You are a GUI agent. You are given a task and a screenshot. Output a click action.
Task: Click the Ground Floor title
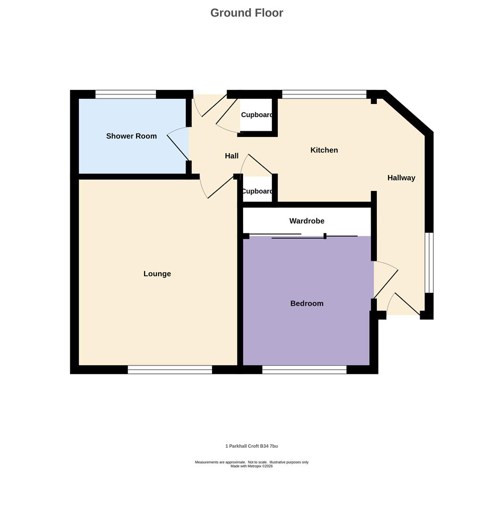tap(246, 13)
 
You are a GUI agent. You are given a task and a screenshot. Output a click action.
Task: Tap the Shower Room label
tap(131, 136)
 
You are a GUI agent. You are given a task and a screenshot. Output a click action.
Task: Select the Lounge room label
tap(157, 274)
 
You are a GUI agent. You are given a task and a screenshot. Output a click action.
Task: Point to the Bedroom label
tap(307, 303)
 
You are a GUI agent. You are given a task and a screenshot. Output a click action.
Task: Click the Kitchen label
tap(324, 150)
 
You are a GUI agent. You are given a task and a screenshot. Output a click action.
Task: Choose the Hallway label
tap(401, 178)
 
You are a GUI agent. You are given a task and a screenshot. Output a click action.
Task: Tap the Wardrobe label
tap(307, 221)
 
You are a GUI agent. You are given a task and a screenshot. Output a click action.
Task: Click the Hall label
tap(231, 156)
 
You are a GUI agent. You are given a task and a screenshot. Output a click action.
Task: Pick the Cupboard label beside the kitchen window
tap(257, 115)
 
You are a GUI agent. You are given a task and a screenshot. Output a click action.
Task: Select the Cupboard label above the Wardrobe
tap(257, 191)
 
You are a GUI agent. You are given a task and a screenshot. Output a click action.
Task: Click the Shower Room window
tap(126, 94)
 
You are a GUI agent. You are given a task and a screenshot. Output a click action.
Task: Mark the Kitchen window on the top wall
tap(324, 94)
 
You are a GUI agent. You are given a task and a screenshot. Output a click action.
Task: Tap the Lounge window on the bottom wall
tap(170, 370)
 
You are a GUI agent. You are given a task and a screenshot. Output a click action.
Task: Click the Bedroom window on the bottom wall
tap(304, 370)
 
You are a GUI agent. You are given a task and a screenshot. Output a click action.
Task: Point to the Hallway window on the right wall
tap(429, 262)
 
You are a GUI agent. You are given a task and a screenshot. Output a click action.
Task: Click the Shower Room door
tap(178, 147)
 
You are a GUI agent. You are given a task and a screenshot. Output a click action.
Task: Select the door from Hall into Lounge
tap(220, 188)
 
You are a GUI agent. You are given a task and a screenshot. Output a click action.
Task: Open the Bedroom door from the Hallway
tap(386, 284)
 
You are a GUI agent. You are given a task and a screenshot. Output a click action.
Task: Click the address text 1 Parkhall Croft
tap(251, 446)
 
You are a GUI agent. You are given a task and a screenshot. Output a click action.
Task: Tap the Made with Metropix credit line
tap(251, 466)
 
